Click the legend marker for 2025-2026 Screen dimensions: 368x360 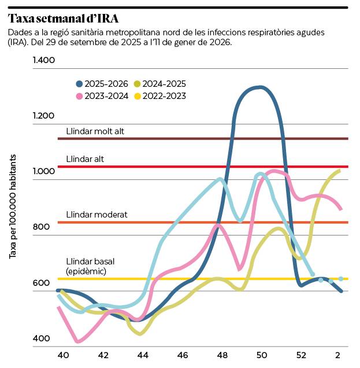tap(79, 84)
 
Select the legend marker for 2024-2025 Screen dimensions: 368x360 tap(138, 84)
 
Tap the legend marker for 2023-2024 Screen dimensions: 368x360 tap(79, 96)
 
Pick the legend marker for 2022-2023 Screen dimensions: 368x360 tap(138, 96)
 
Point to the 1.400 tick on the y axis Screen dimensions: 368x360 tap(43, 60)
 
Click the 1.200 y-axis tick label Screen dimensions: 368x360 tap(43, 116)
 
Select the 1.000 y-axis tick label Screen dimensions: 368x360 tap(43, 171)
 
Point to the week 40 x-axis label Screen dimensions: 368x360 tap(63, 355)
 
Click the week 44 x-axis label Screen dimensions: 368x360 tap(142, 355)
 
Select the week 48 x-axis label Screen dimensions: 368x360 tap(221, 355)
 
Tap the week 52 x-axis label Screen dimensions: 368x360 tap(300, 355)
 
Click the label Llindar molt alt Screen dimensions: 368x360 tap(95, 131)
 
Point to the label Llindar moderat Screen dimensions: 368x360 tap(97, 215)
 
